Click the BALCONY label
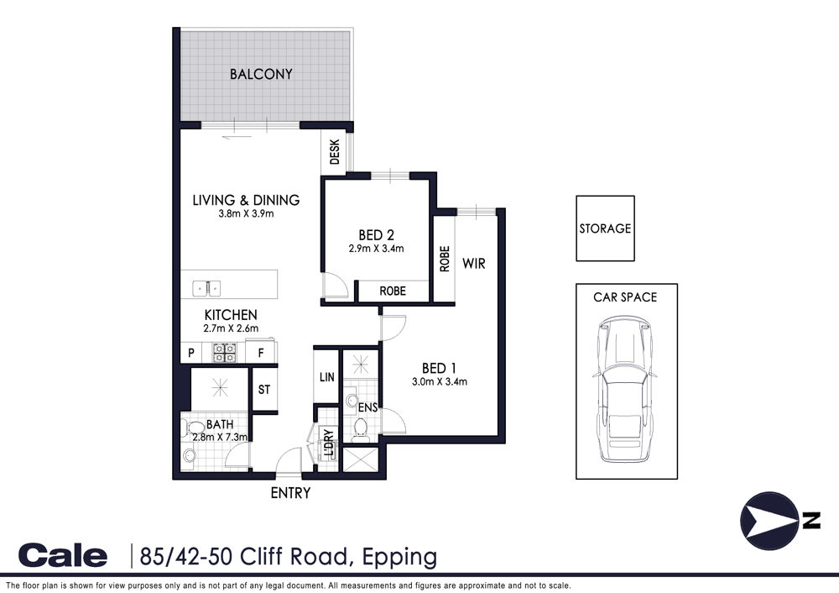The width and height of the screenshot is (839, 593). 261,74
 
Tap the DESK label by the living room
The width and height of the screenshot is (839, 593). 335,152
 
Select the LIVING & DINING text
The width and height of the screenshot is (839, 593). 246,201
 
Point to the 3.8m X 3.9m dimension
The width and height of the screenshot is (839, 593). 246,213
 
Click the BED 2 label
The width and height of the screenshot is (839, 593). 376,235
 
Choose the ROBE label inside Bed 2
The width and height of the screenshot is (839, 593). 393,291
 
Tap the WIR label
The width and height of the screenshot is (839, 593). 474,264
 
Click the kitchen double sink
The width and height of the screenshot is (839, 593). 207,289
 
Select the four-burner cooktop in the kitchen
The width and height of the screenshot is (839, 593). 225,353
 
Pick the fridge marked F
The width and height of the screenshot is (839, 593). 261,353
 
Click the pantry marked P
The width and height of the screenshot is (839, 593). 191,353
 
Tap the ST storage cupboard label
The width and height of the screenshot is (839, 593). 264,390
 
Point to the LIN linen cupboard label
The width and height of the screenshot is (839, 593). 327,377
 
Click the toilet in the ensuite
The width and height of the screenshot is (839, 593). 360,430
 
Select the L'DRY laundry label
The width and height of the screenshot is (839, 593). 329,443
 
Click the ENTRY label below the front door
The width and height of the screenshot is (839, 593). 290,493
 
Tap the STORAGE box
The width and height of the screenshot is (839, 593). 605,228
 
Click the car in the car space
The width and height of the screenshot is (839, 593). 624,389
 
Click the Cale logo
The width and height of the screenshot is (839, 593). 63,555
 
